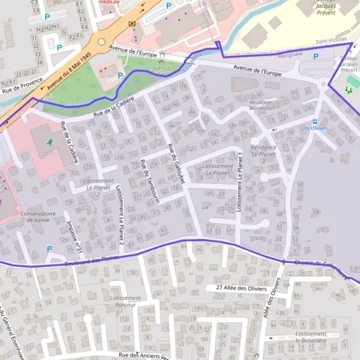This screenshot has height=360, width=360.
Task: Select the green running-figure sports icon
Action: coord(51,143)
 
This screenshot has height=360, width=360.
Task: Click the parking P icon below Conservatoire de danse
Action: coord(49,248)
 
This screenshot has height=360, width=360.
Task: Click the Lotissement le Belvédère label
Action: coord(311,337)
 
